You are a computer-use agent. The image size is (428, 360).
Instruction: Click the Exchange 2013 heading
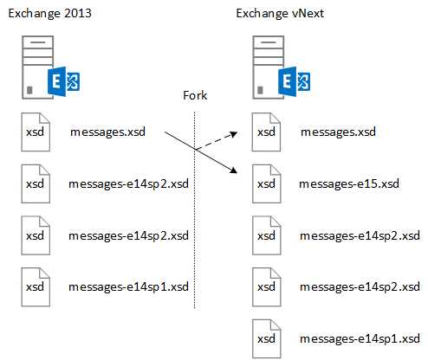[49, 14]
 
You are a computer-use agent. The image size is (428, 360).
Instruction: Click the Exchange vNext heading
[280, 14]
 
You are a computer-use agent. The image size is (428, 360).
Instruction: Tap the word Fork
[195, 95]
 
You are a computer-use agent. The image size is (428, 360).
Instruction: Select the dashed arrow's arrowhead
[233, 134]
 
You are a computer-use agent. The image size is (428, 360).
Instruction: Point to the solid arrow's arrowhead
[233, 170]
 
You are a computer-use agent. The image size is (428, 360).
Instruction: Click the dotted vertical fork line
[194, 210]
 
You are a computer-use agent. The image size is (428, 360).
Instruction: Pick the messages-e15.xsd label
[349, 183]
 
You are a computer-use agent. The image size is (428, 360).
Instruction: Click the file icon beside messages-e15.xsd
[266, 184]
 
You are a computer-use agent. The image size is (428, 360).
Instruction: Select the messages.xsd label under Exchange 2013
[107, 132]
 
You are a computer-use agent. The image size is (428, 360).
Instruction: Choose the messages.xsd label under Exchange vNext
[338, 132]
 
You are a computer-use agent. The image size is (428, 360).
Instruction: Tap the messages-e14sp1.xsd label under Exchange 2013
[128, 286]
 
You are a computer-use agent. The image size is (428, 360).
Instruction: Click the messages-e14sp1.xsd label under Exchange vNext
[360, 338]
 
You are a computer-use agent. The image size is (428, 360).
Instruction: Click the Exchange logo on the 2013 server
[64, 81]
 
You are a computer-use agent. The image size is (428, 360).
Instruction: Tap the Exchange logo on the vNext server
[295, 81]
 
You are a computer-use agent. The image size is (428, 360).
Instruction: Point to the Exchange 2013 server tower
[37, 67]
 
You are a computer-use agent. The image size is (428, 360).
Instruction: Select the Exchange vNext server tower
[268, 67]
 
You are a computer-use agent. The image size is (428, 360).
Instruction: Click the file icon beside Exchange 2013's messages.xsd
[36, 132]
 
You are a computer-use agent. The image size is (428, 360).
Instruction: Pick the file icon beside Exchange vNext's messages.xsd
[266, 132]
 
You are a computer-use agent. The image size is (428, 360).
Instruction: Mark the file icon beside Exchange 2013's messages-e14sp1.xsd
[36, 287]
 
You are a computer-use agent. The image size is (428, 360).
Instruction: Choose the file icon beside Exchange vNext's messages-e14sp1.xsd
[266, 338]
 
